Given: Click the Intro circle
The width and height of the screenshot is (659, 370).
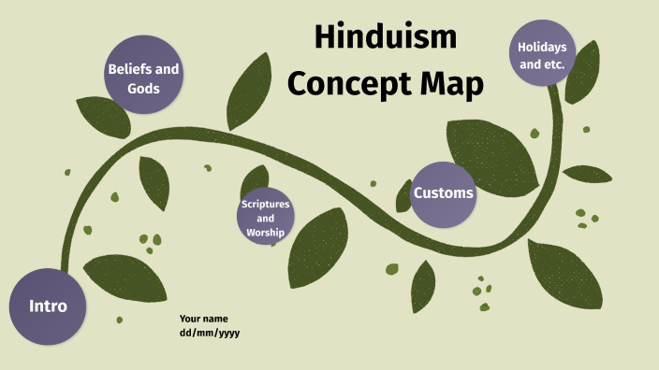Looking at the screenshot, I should coord(48,306).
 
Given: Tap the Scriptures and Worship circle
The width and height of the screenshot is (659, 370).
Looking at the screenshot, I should coord(266,217).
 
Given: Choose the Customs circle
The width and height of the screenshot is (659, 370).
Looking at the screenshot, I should coord(443,194).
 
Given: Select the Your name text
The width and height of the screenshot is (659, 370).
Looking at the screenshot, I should coord(202,319).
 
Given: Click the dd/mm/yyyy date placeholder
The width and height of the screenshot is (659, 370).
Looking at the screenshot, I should coord(210,333).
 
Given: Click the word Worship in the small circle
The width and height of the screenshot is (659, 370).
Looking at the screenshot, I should coord(266,232).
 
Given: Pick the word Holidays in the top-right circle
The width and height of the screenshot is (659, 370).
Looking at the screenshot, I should coord(542,46).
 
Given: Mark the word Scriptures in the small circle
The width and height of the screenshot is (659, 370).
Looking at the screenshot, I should coord(266,203).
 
